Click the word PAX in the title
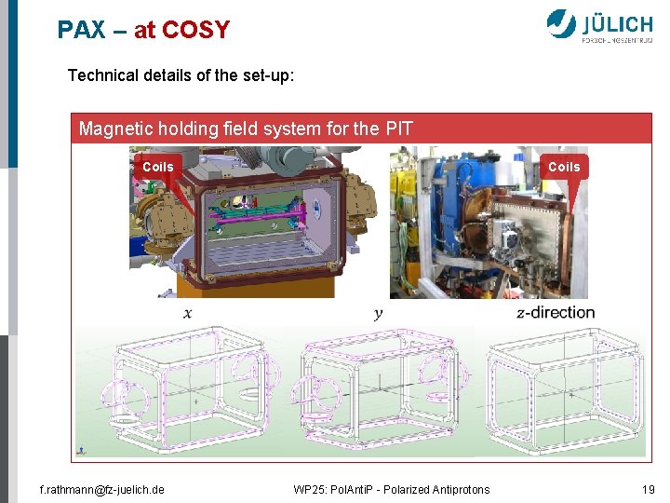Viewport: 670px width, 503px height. point(82,30)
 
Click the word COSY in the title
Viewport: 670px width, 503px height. point(195,30)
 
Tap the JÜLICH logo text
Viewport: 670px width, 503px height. point(617,22)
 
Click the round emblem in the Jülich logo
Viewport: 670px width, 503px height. point(562,23)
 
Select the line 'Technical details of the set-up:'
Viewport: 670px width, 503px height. point(181,75)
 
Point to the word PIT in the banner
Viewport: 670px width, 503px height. point(399,129)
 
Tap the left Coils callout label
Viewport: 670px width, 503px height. point(158,167)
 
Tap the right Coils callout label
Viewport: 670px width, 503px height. point(563,167)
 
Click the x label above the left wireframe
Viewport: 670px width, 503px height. point(188,313)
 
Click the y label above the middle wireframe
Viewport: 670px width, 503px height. point(378,313)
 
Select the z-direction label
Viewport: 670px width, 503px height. point(556,312)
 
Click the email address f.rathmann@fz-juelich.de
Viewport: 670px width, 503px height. point(101,489)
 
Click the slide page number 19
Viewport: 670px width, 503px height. point(648,489)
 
